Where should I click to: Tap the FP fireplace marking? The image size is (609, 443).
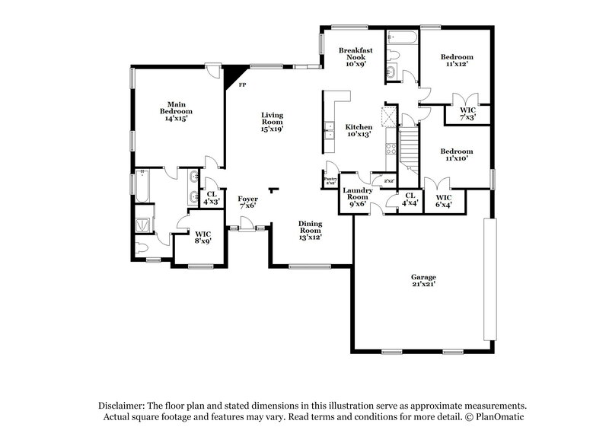[x=242, y=85]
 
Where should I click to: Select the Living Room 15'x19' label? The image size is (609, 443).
[x=273, y=122]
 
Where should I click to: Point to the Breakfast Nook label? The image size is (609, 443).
[x=355, y=57]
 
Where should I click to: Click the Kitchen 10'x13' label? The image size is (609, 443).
[x=359, y=131]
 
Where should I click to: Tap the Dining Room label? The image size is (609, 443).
[x=310, y=230]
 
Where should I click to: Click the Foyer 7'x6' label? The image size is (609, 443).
[x=248, y=202]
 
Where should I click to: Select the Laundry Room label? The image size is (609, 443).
[x=357, y=197]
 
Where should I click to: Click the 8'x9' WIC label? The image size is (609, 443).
[x=202, y=237]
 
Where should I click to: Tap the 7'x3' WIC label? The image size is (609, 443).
[x=467, y=114]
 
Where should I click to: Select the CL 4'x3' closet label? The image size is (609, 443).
[x=212, y=198]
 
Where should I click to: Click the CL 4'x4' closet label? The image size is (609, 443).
[x=410, y=199]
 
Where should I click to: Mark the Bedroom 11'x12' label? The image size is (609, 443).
[x=457, y=61]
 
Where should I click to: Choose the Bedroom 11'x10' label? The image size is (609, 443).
[x=457, y=155]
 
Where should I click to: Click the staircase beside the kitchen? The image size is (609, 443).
[x=410, y=148]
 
